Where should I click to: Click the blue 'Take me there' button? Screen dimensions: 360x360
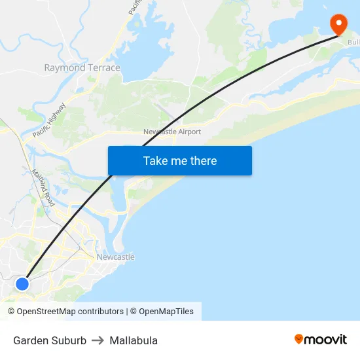[x=180, y=161]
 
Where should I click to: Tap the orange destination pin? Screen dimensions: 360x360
[x=339, y=25]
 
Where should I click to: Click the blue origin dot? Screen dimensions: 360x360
[x=22, y=283]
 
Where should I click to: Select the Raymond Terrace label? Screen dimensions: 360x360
[x=82, y=67]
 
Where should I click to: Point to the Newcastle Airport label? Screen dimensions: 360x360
[x=171, y=132]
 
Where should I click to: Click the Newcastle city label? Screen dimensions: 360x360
[x=115, y=257]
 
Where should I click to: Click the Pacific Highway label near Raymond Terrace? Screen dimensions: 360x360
[x=50, y=120]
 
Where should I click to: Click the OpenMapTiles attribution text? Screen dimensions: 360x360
[x=166, y=312]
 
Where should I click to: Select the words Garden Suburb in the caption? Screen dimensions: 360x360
[x=50, y=340]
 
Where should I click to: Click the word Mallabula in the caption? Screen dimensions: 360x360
[x=134, y=340]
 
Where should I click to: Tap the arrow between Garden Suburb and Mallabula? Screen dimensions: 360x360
[x=98, y=340]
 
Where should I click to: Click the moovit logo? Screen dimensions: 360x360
[x=321, y=339]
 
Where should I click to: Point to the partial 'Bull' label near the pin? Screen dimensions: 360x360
[x=353, y=43]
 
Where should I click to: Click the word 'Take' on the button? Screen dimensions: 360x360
[x=155, y=161]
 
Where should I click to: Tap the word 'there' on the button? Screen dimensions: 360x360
[x=203, y=161]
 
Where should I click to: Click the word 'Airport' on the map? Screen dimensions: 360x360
[x=189, y=132]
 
